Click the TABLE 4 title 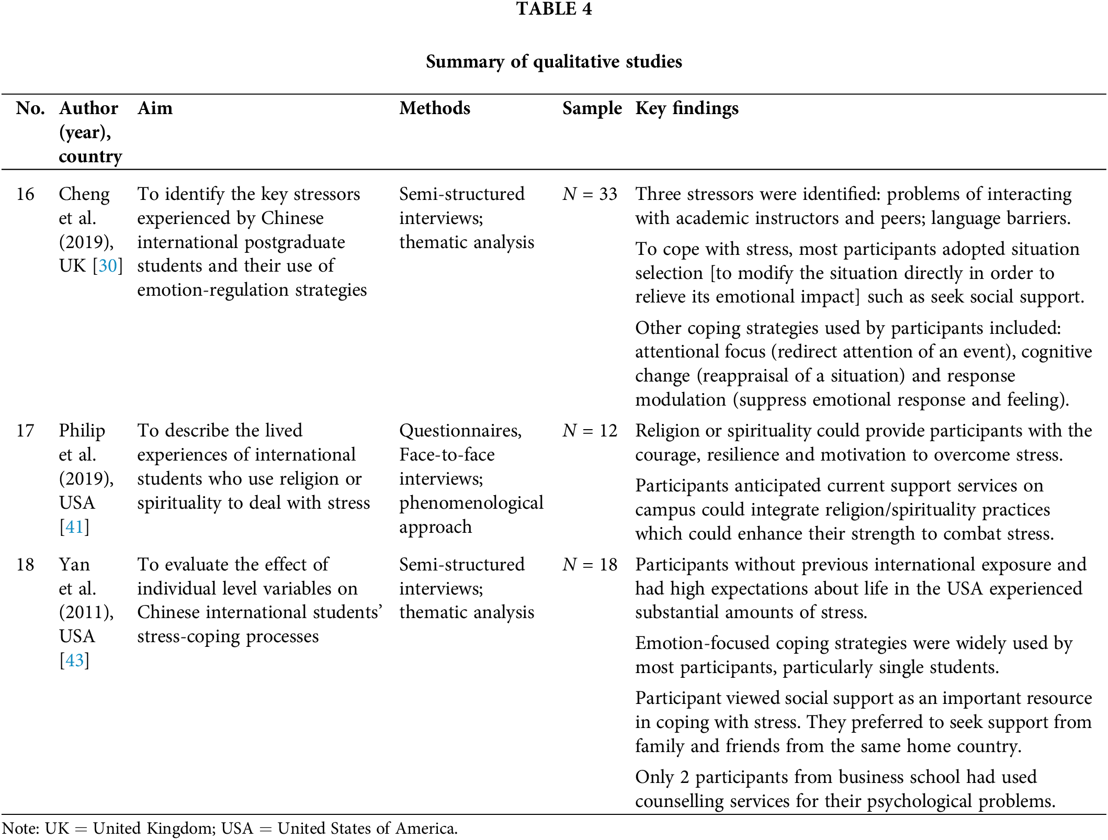(553, 9)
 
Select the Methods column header (435, 108)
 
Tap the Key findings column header (686, 108)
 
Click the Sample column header (592, 108)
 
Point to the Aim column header (155, 108)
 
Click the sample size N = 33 (590, 194)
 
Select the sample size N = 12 (590, 431)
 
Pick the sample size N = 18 (590, 565)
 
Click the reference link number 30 (108, 266)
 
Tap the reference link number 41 (74, 527)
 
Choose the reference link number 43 (74, 660)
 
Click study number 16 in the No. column (25, 194)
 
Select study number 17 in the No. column (25, 431)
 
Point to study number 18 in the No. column (25, 565)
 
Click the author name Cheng (84, 194)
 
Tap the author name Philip (82, 431)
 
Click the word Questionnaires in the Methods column (460, 431)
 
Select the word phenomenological (471, 503)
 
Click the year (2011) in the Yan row (86, 612)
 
